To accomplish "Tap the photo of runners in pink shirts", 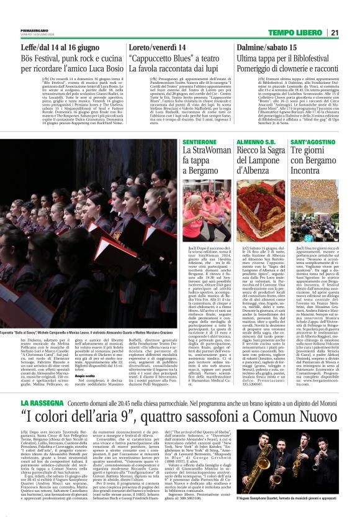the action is pyautogui.click(x=202, y=205).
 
